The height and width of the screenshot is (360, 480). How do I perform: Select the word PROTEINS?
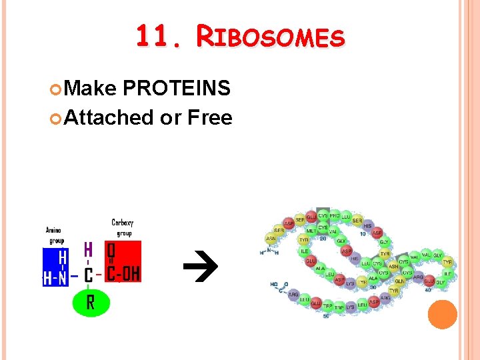tap(177, 88)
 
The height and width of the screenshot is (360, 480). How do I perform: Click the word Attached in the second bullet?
tap(110, 118)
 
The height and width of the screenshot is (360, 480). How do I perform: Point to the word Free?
tap(210, 118)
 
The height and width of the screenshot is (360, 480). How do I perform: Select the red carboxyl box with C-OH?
tap(123, 261)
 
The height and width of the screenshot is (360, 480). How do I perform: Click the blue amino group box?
tap(55, 267)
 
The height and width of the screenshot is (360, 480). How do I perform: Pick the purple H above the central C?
tap(88, 250)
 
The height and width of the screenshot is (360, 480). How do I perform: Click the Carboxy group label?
tap(122, 227)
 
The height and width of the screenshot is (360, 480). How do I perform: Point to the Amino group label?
tap(55, 234)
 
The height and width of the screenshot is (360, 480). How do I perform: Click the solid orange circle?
tap(442, 314)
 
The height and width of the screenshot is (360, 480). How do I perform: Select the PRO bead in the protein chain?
tap(335, 216)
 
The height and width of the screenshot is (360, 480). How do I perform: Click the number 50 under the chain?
tap(326, 316)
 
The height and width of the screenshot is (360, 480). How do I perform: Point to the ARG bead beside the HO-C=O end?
tap(293, 293)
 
